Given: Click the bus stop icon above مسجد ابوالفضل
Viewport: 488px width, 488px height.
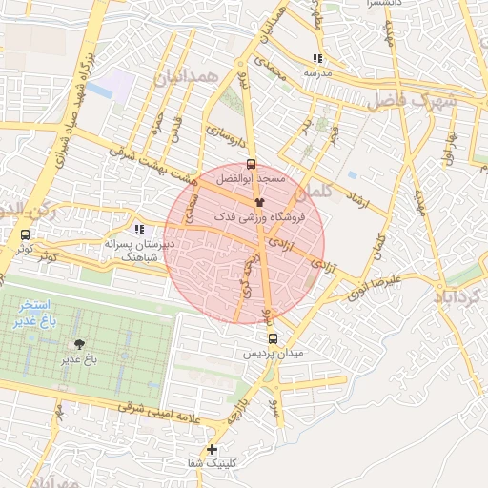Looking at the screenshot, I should coord(251,163).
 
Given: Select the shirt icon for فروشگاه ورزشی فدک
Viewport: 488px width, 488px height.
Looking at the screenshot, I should coord(258,202).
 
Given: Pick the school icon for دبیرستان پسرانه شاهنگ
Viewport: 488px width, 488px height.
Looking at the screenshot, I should coord(140,229).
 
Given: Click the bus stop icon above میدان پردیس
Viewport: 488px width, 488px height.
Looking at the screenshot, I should coord(274,338).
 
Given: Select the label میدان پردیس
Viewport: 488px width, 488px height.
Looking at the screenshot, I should coord(274,354).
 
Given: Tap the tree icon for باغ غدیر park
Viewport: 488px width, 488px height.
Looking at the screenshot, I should coord(79,344).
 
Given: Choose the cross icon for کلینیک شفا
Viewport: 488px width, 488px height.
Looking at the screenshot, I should coord(212,449).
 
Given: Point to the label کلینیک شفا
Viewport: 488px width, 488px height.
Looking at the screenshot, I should coord(212,464).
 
